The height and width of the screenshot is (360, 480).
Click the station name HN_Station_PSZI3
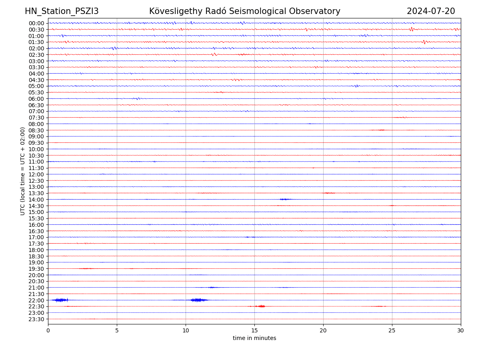[62, 11]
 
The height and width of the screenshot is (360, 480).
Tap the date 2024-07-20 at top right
[431, 11]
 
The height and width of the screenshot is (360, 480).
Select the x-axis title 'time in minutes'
[254, 338]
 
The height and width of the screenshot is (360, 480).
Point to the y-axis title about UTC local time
[23, 171]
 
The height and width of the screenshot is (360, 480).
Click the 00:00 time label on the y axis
[36, 23]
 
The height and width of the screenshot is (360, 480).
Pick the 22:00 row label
[36, 300]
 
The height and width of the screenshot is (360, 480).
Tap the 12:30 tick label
[36, 181]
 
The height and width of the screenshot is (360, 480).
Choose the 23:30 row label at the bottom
[36, 319]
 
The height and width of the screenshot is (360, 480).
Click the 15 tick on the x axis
[254, 330]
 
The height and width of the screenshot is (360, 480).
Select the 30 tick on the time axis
[461, 330]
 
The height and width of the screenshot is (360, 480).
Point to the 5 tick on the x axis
[117, 330]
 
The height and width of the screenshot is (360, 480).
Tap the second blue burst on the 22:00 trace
[199, 300]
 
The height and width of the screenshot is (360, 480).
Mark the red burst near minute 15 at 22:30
[261, 306]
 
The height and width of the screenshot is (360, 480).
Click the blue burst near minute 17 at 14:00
[285, 199]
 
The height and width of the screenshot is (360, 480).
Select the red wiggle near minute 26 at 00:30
[411, 29]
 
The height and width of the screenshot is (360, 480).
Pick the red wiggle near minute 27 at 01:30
[425, 42]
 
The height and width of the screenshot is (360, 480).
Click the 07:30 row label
[36, 118]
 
